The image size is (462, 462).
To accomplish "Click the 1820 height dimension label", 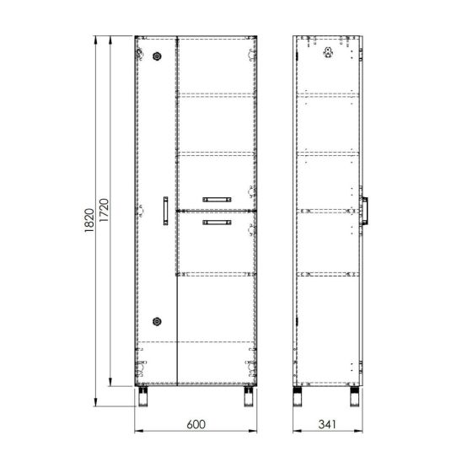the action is [x=89, y=220].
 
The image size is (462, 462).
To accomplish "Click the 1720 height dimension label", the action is [x=104, y=211].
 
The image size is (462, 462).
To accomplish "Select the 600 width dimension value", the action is [x=196, y=424].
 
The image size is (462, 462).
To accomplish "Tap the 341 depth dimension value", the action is [x=327, y=424].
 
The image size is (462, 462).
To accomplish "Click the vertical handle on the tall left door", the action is [x=165, y=211].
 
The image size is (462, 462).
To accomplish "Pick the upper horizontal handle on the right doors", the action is [x=217, y=200].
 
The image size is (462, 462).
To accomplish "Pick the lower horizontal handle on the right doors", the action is [x=217, y=223].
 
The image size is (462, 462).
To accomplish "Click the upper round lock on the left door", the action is [x=157, y=56].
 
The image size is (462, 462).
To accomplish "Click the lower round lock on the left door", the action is [x=157, y=321].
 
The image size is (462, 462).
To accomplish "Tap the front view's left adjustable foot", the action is [x=143, y=396].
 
